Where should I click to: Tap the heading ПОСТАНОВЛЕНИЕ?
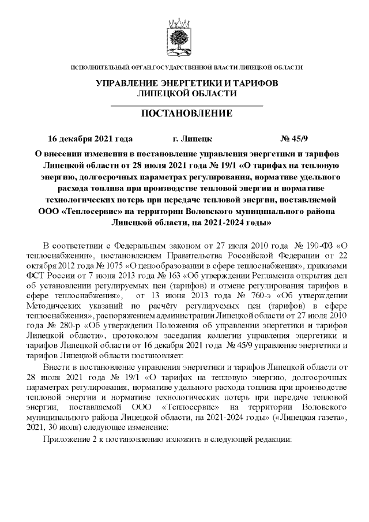point(186,114)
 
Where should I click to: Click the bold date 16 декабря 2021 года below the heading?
point(91,139)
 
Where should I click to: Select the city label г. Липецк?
point(193,139)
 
